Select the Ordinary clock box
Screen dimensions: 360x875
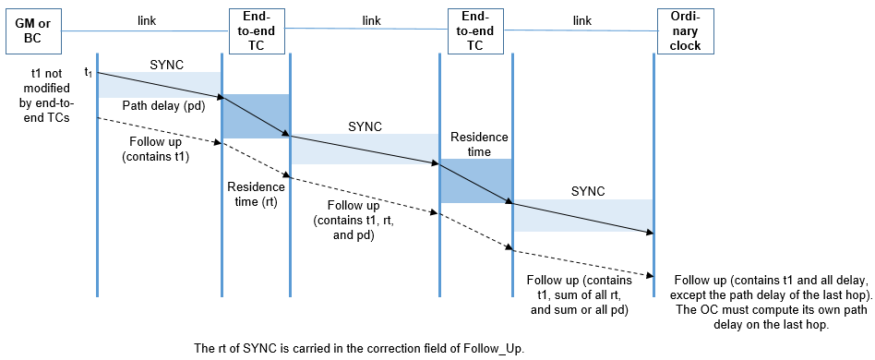coord(686,31)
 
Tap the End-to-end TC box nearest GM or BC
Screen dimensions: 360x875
coord(256,31)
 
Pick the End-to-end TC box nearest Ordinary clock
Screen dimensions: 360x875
coord(475,31)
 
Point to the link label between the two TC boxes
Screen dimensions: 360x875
coord(371,19)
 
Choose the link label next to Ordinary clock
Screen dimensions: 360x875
coord(581,19)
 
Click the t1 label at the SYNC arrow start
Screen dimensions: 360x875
coord(88,72)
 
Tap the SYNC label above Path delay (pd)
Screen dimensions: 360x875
coord(166,65)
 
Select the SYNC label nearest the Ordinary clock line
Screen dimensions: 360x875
coord(588,191)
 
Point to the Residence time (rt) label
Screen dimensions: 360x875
coord(256,194)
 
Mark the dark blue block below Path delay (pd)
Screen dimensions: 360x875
coord(256,116)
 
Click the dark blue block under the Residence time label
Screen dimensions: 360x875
coord(475,181)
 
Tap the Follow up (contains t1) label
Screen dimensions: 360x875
coord(156,150)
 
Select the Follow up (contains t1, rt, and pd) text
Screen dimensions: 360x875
coord(350,220)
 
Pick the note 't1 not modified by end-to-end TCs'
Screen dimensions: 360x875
coord(45,91)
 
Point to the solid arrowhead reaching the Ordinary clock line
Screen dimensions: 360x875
coord(649,233)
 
